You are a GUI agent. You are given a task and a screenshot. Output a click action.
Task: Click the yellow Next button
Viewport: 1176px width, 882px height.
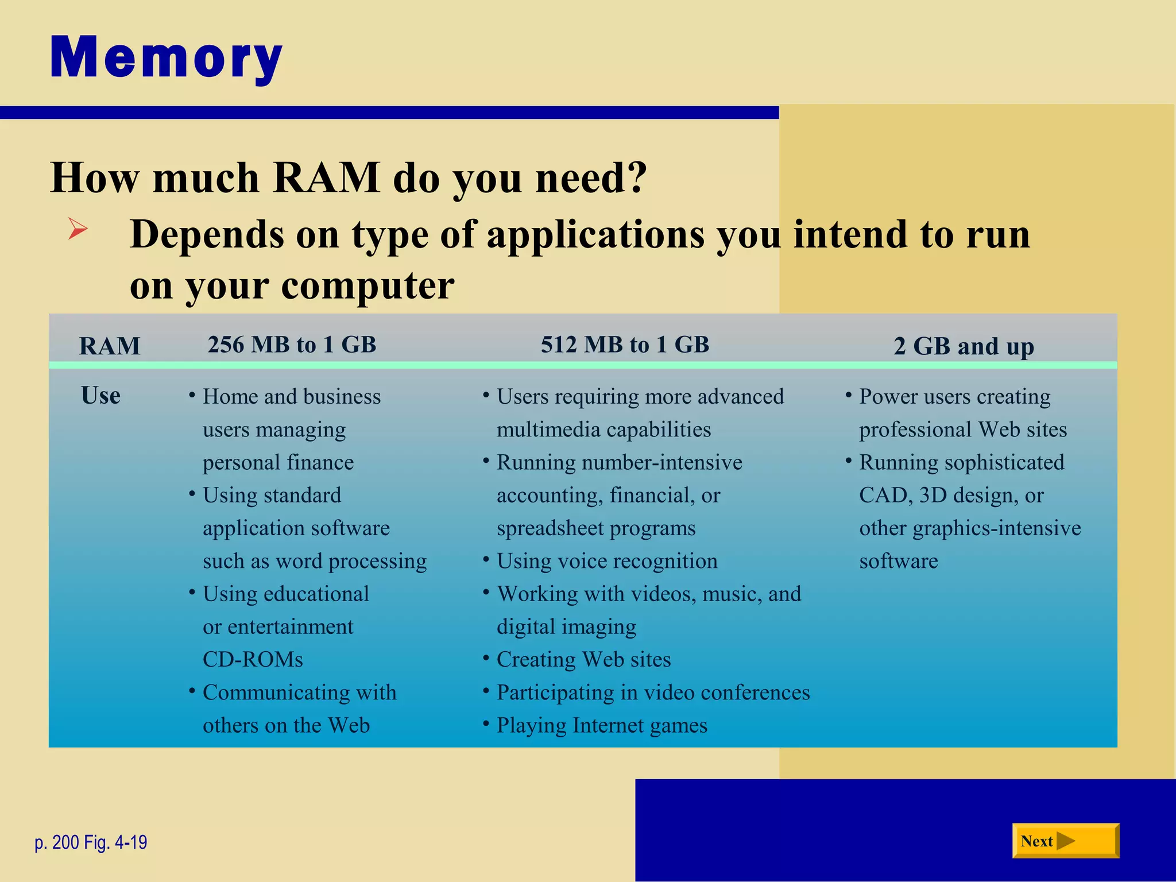pyautogui.click(x=1065, y=841)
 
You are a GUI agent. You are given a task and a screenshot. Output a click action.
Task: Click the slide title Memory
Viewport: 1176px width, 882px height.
pyautogui.click(x=167, y=57)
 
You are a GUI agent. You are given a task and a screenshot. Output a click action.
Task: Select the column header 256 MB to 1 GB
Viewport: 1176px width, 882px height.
pyautogui.click(x=292, y=345)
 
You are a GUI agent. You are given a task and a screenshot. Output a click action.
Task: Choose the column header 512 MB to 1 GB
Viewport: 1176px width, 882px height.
pyautogui.click(x=625, y=345)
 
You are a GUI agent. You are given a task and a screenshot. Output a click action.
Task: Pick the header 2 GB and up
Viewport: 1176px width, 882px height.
pyautogui.click(x=964, y=346)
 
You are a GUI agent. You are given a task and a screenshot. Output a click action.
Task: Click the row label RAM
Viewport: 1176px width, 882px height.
pyautogui.click(x=110, y=346)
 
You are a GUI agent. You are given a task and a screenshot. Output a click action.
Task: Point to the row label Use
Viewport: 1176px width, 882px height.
pyautogui.click(x=101, y=396)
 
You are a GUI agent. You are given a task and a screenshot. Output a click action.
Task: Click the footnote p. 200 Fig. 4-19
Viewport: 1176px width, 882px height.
pyautogui.click(x=91, y=842)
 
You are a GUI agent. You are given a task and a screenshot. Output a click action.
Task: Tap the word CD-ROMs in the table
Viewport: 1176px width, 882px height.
pyautogui.click(x=253, y=659)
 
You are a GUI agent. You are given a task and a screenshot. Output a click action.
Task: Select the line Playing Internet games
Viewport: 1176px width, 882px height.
pyautogui.click(x=602, y=725)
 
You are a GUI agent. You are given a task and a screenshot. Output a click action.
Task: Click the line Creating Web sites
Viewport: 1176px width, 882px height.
pyautogui.click(x=583, y=659)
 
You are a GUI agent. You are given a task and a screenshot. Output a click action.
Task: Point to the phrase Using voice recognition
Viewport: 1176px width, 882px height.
pyautogui.click(x=607, y=561)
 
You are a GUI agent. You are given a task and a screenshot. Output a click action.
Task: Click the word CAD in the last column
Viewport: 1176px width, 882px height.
pyautogui.click(x=884, y=495)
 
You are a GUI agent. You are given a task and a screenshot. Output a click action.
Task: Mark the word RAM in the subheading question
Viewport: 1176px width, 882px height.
pyautogui.click(x=326, y=177)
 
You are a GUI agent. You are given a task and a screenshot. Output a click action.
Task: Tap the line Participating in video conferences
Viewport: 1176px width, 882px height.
pyautogui.click(x=653, y=693)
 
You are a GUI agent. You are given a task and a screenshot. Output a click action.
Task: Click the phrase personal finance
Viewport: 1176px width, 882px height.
pyautogui.click(x=278, y=463)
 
